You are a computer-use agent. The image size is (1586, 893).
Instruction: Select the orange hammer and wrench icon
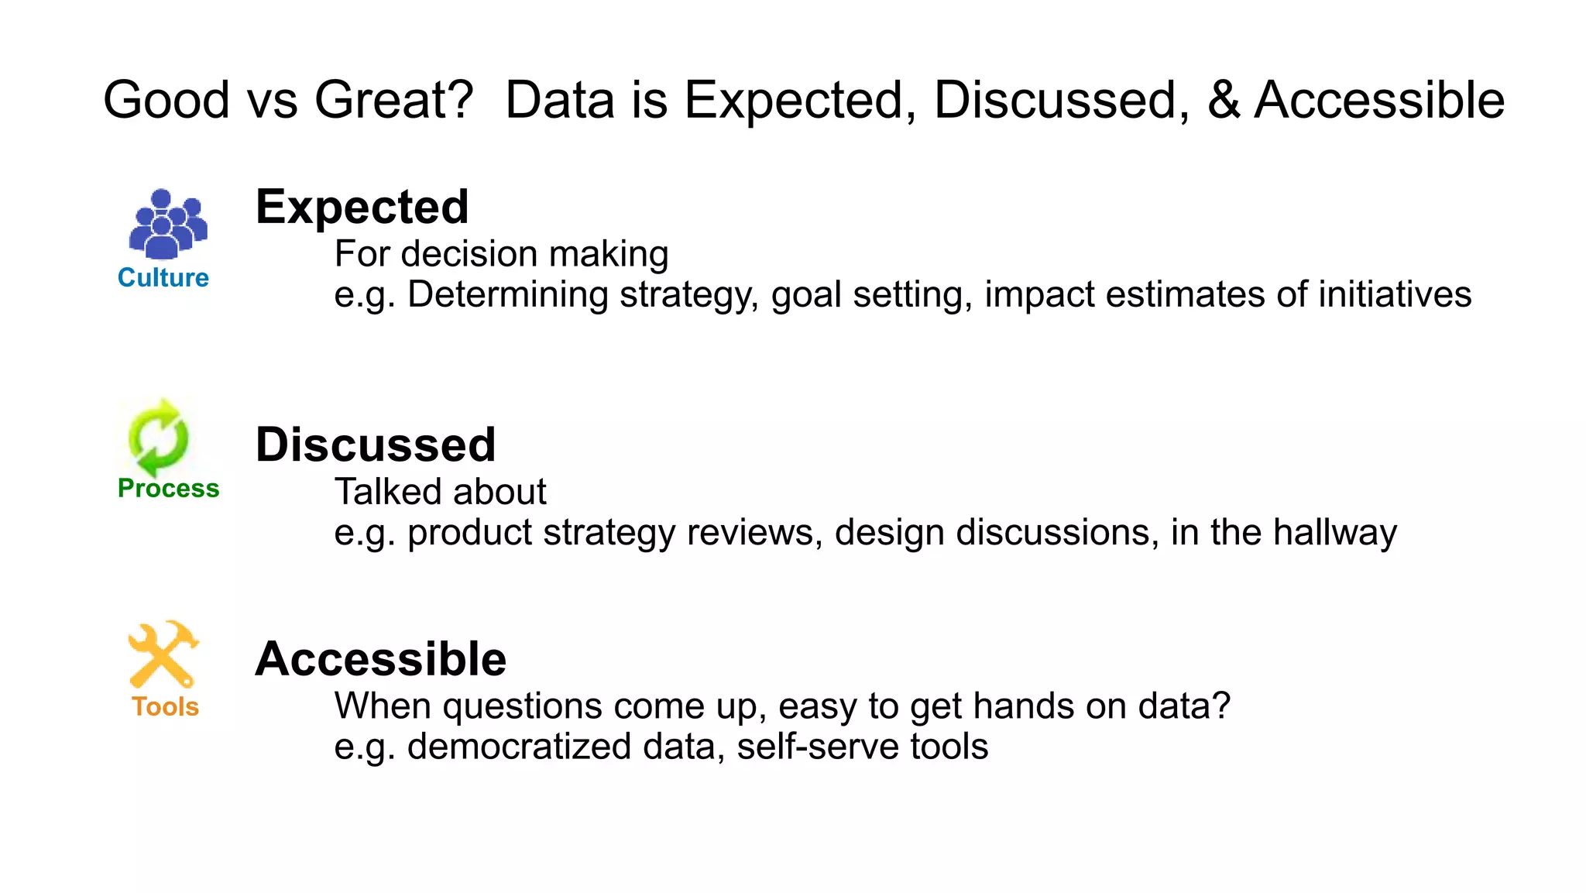click(163, 654)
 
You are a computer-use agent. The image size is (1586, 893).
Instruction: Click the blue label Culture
click(163, 277)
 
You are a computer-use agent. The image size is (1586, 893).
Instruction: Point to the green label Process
click(168, 488)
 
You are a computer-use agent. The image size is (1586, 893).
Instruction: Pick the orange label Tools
click(165, 706)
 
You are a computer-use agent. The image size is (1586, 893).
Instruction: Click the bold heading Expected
click(362, 208)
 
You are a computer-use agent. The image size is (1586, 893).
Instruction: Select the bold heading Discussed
click(375, 445)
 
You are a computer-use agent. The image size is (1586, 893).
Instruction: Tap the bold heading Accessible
click(380, 659)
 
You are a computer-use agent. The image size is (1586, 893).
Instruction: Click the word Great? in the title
click(393, 101)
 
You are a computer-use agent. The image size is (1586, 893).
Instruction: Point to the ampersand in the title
click(1223, 101)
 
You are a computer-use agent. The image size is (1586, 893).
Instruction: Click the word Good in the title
click(166, 101)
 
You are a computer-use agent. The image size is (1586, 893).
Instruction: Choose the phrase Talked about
click(440, 492)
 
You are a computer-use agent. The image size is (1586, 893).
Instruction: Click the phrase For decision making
click(501, 254)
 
